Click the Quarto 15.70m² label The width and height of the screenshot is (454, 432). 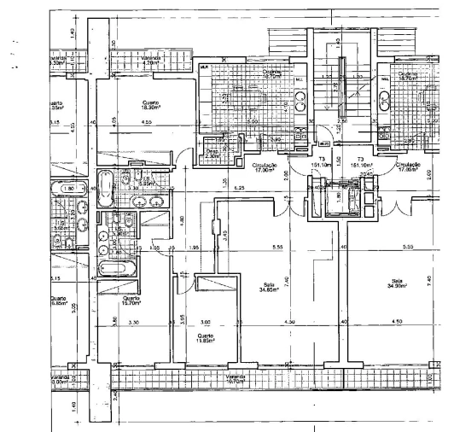131,299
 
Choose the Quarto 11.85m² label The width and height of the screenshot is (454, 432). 205,339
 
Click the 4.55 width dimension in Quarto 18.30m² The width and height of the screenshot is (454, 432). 147,124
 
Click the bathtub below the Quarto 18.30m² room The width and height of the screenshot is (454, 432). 104,190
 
